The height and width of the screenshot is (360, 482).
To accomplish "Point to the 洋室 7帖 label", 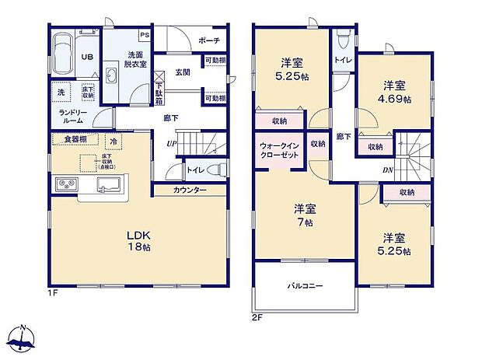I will coord(304,215).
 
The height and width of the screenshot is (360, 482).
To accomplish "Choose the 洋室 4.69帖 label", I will coord(395,93).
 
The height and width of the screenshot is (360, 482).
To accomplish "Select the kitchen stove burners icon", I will coord(65,185).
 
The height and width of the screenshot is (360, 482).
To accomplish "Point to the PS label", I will coord(145,35).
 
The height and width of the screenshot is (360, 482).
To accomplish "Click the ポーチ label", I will coord(208,40).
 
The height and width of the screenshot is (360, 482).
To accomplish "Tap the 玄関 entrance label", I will coord(183,72).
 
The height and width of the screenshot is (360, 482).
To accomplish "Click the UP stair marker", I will coord(169,144).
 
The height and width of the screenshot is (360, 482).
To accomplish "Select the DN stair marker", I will coord(386,171).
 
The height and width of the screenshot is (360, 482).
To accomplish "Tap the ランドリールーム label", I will coord(74,116).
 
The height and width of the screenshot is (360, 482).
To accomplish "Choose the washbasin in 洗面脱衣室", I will coord(110,76).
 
